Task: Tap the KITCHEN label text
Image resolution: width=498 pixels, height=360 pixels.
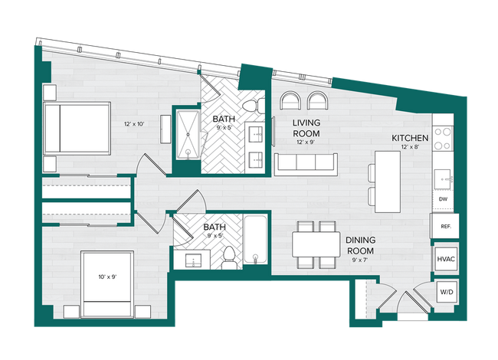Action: click(x=410, y=138)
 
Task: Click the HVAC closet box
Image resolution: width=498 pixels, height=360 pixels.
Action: click(x=446, y=260)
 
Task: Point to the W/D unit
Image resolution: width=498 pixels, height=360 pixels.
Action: click(x=446, y=293)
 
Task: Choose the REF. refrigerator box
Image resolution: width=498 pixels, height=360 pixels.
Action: click(x=445, y=226)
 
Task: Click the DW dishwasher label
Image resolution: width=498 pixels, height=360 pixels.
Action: click(x=443, y=200)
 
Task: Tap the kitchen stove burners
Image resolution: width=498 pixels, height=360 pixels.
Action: click(x=443, y=138)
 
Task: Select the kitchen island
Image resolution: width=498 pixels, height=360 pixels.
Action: click(x=388, y=182)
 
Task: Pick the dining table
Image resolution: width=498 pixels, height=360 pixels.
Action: click(x=316, y=245)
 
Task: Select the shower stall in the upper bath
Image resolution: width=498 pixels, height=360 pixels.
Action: click(x=188, y=135)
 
